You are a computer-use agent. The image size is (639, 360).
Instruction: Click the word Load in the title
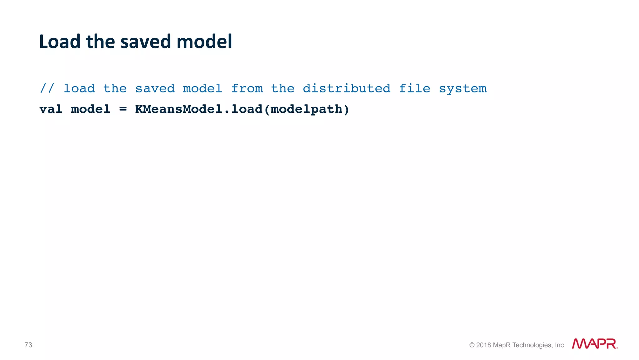tap(60, 42)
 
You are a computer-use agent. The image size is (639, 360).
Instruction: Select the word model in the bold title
tap(204, 42)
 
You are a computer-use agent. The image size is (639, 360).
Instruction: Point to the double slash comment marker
tap(47, 88)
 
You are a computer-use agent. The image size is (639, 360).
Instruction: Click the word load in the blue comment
tap(79, 88)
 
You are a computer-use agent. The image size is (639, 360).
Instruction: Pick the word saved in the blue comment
tap(155, 88)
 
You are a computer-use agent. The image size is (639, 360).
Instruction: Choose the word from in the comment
tap(247, 88)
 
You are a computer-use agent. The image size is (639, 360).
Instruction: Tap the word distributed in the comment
tap(346, 88)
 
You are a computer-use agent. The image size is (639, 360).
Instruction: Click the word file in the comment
tap(415, 88)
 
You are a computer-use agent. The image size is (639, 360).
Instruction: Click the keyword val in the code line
tap(51, 109)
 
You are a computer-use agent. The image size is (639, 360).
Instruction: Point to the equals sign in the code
tap(123, 109)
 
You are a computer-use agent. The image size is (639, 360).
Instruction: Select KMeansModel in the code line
tap(178, 109)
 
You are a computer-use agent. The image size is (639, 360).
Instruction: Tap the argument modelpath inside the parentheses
tap(306, 109)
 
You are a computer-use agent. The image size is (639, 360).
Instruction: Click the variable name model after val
tap(90, 109)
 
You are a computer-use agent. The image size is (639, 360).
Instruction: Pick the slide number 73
tap(28, 345)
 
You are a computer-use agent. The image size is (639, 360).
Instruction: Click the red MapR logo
tap(594, 344)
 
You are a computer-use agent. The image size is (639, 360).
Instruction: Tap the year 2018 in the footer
tap(483, 345)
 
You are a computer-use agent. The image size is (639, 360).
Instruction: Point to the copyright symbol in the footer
tap(472, 345)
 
